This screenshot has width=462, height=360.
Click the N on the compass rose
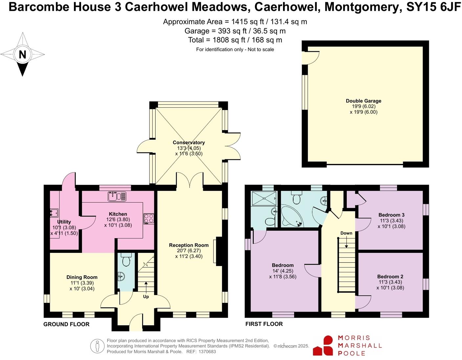pyautogui.click(x=22, y=54)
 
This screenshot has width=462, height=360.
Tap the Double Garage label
pyautogui.click(x=363, y=101)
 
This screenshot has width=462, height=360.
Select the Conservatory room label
pyautogui.click(x=189, y=143)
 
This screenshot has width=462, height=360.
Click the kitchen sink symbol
pyautogui.click(x=117, y=196)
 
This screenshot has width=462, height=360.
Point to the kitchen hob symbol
pyautogui.click(x=148, y=219)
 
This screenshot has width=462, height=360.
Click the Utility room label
pyautogui.click(x=64, y=222)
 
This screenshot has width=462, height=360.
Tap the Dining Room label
pyautogui.click(x=82, y=277)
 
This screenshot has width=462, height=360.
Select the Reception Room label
pyautogui.click(x=189, y=245)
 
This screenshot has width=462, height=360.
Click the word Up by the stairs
pyautogui.click(x=146, y=297)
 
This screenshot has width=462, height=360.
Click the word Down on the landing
pyautogui.click(x=346, y=233)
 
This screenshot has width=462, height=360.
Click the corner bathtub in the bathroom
pyautogui.click(x=292, y=217)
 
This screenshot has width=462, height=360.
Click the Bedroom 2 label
pyautogui.click(x=390, y=277)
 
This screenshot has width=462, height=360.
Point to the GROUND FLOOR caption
pyautogui.click(x=66, y=324)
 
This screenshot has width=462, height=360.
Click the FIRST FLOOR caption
pyautogui.click(x=264, y=324)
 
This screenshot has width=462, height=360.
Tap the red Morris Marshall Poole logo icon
pyautogui.click(x=323, y=346)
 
